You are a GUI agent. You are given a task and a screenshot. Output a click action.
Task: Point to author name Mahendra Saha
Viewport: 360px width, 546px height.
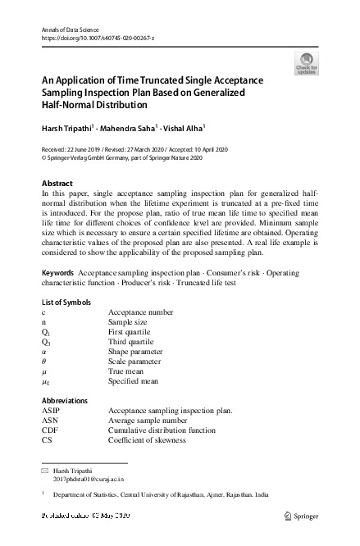point(135,129)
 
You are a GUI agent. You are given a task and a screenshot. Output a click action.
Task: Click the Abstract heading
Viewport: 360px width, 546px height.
point(57,183)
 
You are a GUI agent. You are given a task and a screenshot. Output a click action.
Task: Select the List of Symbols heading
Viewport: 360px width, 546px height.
point(71,303)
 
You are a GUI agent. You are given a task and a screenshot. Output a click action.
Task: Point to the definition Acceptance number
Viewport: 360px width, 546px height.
point(140,312)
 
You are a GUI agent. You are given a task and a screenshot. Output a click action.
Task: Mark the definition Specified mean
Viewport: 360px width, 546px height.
point(133,381)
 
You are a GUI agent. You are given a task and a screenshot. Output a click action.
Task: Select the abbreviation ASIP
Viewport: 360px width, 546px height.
point(52,410)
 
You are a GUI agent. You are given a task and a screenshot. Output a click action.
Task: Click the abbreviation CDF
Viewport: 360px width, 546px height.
point(51,430)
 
